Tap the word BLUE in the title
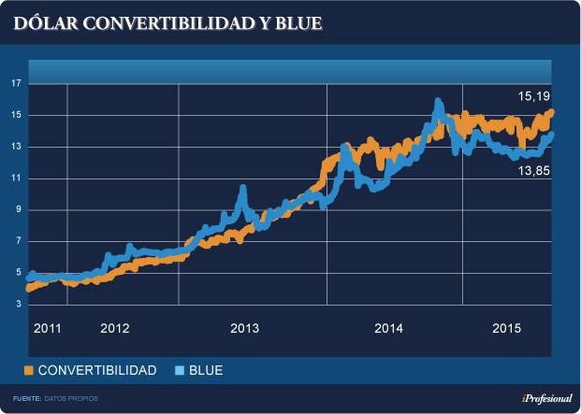coord(298,21)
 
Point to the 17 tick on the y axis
coord(15,84)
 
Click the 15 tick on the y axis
coord(15,116)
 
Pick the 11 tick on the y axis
coord(15,178)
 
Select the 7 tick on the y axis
coord(17,241)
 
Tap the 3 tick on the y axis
coord(17,304)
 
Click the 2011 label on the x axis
coord(47,328)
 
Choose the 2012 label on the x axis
coord(114,328)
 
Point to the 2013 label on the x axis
coord(244,328)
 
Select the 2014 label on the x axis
coord(388,328)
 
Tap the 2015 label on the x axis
coord(506,328)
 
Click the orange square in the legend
coord(28,371)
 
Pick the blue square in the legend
coord(179,371)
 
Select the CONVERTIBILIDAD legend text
coord(97,371)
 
